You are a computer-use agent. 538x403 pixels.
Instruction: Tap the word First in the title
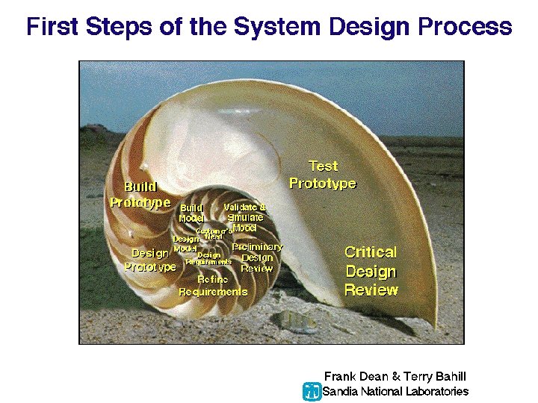55,27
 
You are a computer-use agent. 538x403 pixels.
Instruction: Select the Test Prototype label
323,175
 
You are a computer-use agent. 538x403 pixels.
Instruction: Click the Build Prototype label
140,194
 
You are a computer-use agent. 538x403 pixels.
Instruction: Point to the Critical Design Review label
371,271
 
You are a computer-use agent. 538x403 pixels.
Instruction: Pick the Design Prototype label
150,260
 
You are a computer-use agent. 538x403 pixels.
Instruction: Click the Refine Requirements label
213,285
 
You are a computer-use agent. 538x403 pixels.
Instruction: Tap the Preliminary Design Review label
257,257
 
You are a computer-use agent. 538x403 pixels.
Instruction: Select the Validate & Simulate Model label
245,216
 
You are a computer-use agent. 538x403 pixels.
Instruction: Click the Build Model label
191,213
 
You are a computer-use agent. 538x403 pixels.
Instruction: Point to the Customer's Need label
214,234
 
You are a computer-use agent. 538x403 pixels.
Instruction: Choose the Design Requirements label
208,258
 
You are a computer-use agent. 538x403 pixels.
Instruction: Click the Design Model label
185,243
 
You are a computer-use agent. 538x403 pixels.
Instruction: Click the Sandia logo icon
312,391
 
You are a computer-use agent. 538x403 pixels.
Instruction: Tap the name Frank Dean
351,377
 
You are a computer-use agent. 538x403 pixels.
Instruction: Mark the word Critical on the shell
371,252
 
